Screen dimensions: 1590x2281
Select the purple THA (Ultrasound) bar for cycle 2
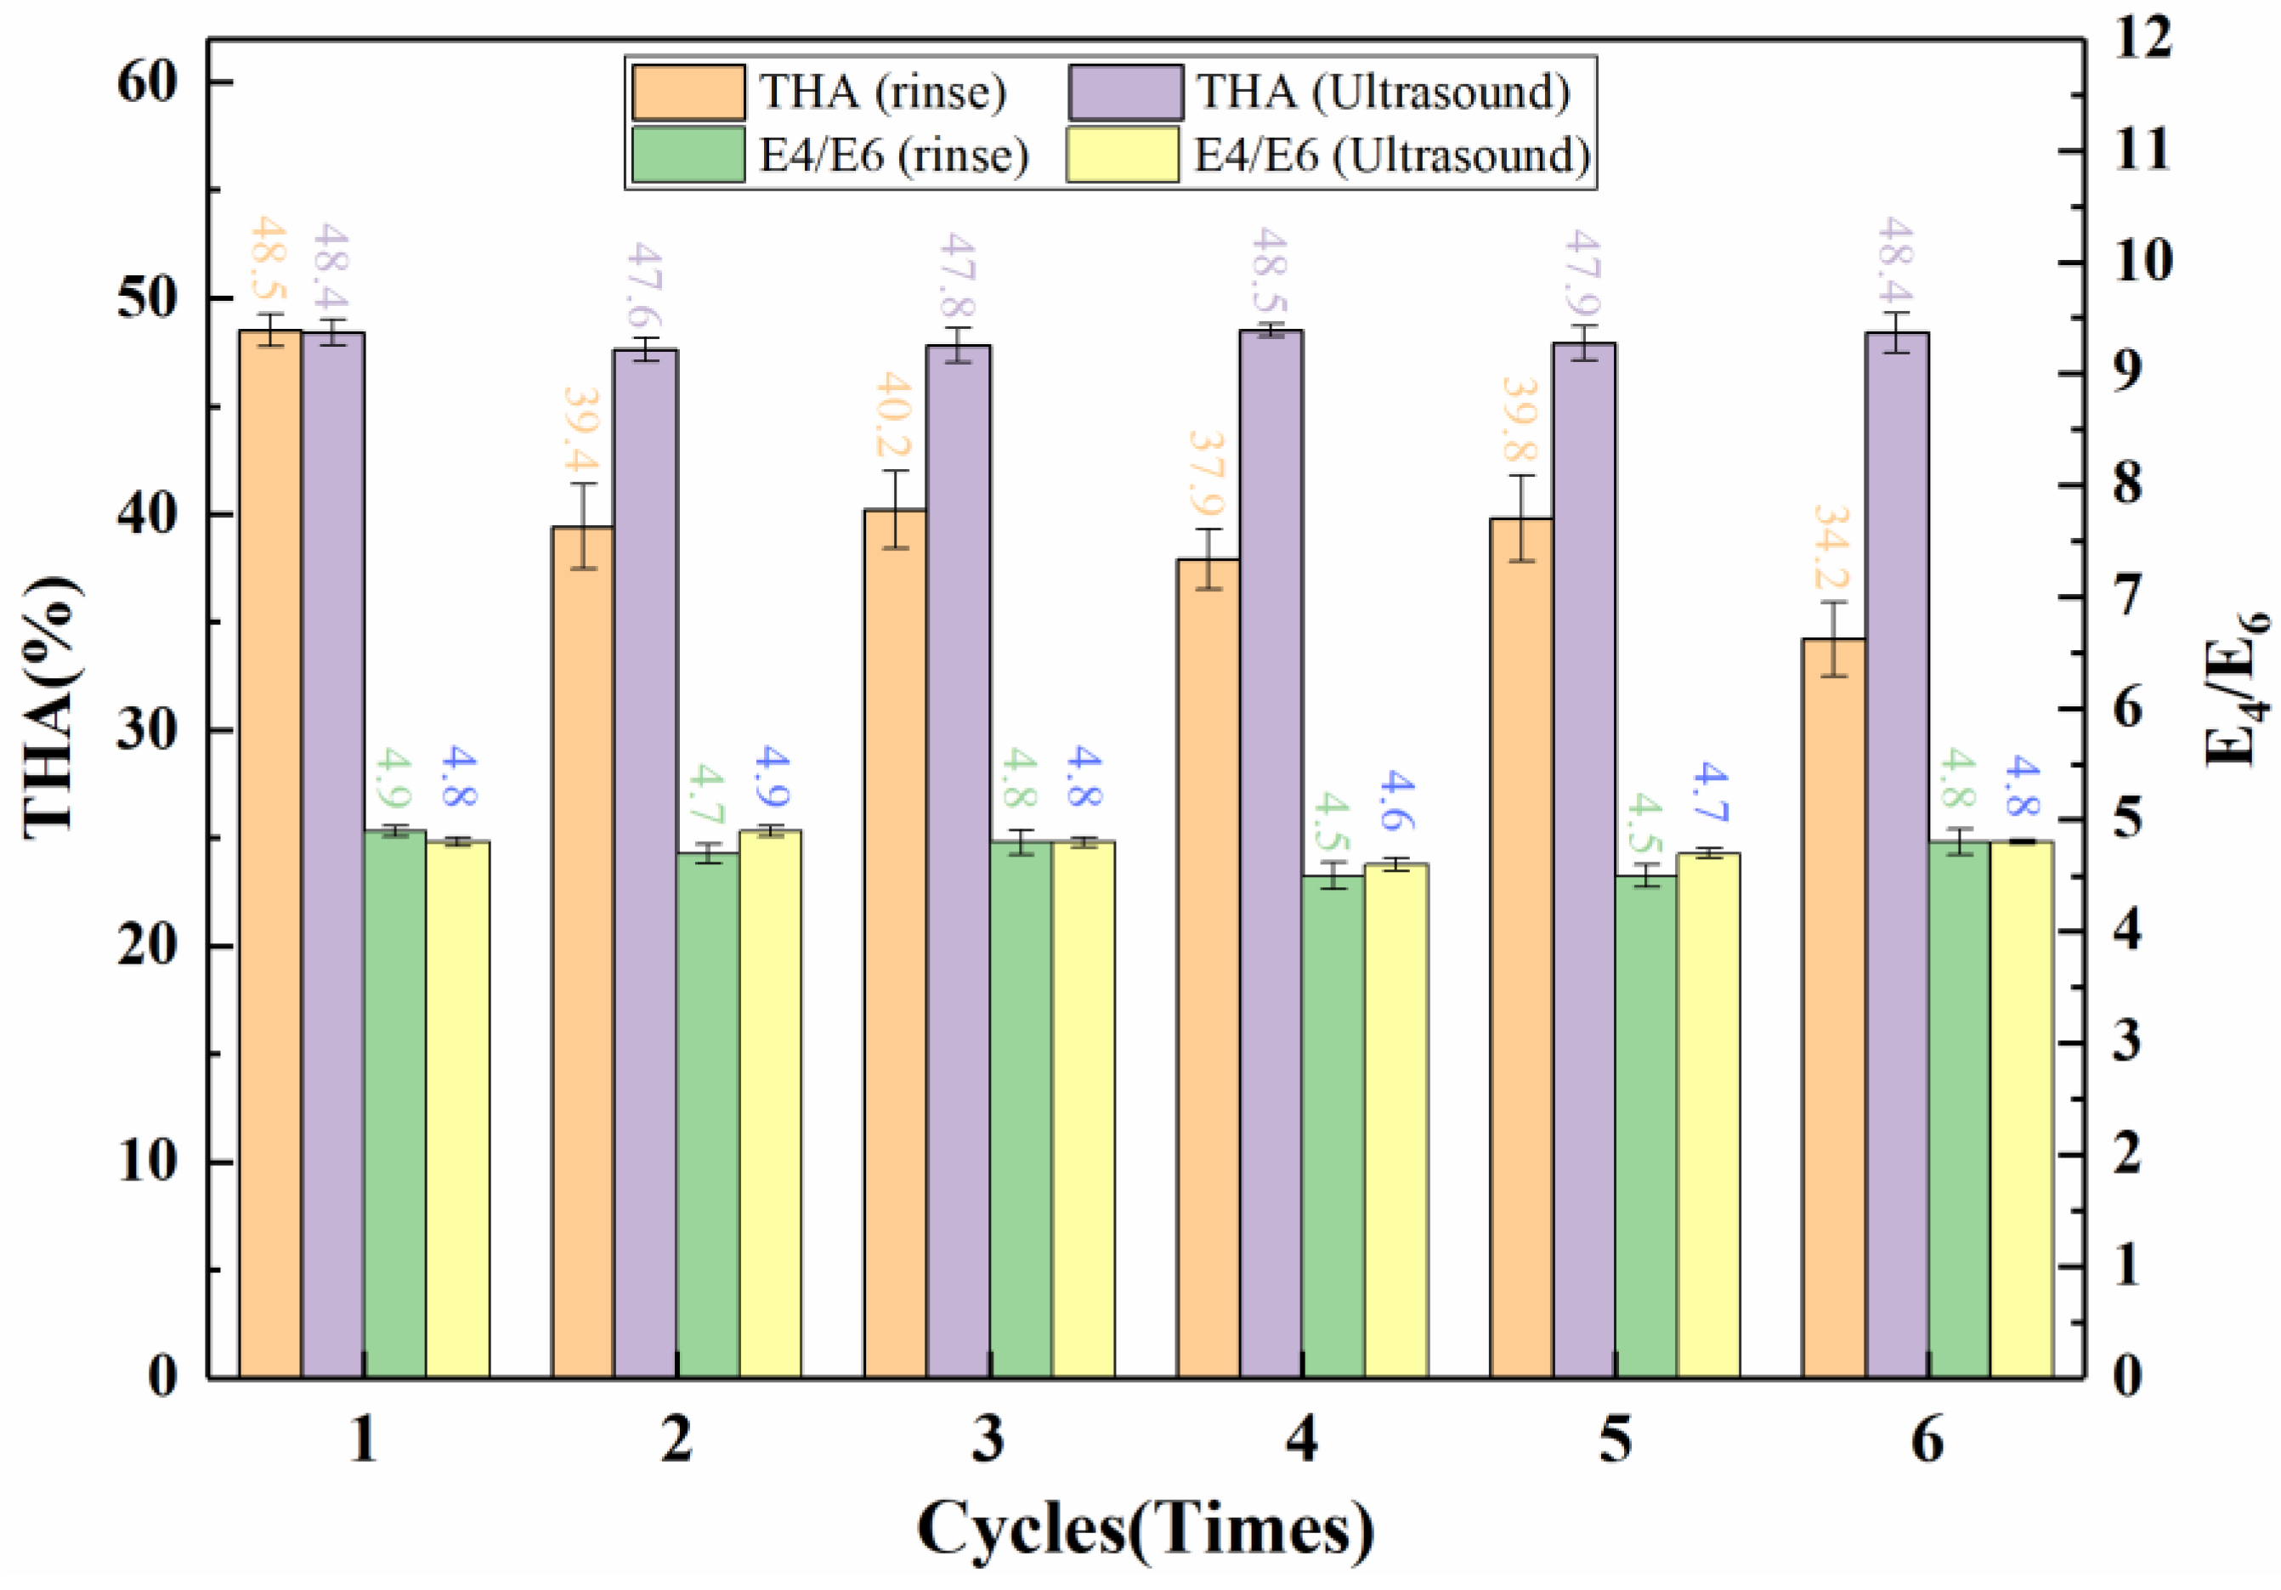point(646,864)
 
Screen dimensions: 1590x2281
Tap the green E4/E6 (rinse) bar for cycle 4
point(1333,1127)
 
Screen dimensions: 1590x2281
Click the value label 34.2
point(1829,549)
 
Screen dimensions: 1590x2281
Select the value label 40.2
point(893,418)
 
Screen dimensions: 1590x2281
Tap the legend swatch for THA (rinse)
point(688,93)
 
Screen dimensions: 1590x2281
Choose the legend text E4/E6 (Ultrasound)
point(1391,156)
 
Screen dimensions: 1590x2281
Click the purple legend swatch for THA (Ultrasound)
point(1124,93)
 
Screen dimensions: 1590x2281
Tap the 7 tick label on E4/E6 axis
point(2128,597)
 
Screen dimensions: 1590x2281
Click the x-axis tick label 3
point(988,1439)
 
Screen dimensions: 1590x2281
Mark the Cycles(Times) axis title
point(1145,1530)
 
